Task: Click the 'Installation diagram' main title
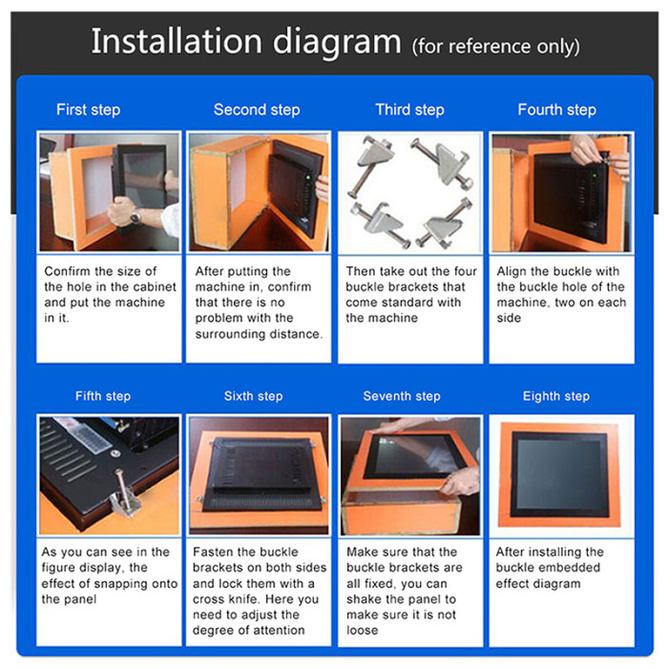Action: (x=245, y=42)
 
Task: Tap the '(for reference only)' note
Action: (x=495, y=46)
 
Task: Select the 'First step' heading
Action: (x=88, y=110)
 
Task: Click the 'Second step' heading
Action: (x=257, y=110)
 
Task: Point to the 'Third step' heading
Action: (x=409, y=110)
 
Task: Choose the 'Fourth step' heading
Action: (x=556, y=110)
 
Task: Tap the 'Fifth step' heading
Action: (x=103, y=396)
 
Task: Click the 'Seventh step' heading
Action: (x=402, y=396)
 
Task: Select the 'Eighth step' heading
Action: (x=556, y=396)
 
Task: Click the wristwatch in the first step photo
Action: (x=136, y=217)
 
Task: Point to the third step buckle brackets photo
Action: (x=410, y=191)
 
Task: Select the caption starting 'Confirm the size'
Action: (x=106, y=295)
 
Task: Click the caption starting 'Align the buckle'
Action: (x=561, y=295)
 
